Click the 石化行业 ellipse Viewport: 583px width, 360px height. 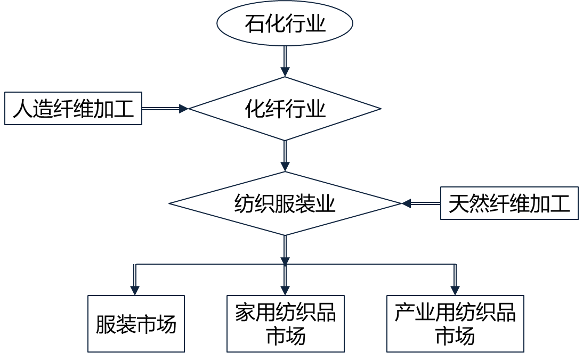(x=285, y=24)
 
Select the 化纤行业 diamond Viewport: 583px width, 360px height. (x=285, y=109)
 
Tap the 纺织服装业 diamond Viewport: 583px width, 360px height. (x=285, y=203)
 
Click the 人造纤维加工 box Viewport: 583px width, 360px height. (x=73, y=109)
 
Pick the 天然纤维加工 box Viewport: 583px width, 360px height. (x=509, y=203)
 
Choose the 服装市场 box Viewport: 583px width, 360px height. (x=136, y=324)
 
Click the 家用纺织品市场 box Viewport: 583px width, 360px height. (x=285, y=324)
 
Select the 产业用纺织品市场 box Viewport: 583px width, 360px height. (x=455, y=324)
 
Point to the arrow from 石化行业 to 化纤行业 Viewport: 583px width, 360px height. (x=285, y=62)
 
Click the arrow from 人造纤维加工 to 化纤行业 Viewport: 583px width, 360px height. (x=165, y=109)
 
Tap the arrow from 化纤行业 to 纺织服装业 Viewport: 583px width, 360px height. (x=285, y=156)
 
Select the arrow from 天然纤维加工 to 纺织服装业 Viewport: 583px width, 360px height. (x=421, y=203)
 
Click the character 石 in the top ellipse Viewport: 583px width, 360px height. (x=254, y=24)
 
